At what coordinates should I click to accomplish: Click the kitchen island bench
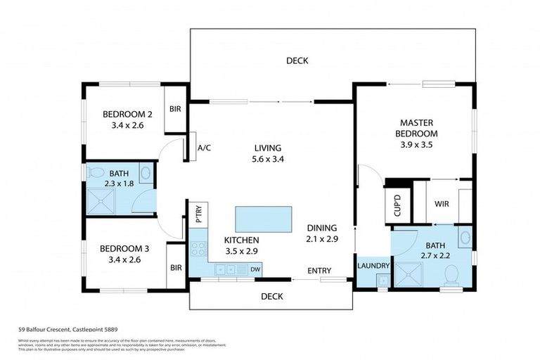click(262, 219)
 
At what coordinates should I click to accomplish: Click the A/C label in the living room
click(205, 148)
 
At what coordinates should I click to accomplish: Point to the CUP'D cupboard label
click(394, 205)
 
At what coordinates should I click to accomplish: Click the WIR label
click(442, 204)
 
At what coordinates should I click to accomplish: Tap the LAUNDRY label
click(373, 266)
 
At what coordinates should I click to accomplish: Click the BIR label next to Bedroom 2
click(175, 110)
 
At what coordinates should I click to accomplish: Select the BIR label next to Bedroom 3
click(176, 267)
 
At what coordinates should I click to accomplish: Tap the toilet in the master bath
click(452, 274)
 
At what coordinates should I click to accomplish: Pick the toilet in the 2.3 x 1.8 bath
click(145, 172)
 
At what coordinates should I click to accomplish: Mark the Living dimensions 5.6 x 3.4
click(268, 160)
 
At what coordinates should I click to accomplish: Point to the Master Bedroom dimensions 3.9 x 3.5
click(418, 146)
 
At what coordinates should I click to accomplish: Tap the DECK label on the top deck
click(297, 61)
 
